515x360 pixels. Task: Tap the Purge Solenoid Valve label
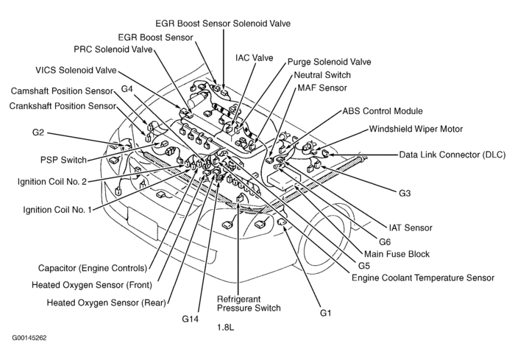click(329, 62)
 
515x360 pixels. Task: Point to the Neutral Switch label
click(322, 75)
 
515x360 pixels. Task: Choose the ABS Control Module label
click(383, 111)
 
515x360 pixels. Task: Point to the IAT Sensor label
click(409, 227)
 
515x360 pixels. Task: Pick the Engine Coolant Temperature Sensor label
click(422, 278)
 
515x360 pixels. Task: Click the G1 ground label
click(326, 313)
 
